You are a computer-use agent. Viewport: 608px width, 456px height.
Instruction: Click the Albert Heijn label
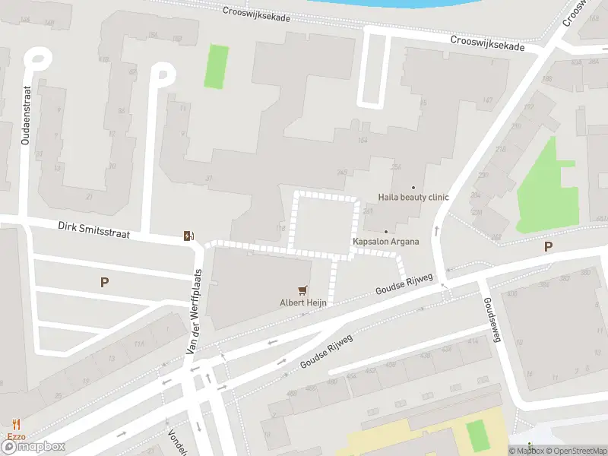[303, 302]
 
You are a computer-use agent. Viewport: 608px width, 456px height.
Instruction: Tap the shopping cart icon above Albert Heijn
[303, 290]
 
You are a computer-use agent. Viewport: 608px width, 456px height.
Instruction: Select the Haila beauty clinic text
[413, 198]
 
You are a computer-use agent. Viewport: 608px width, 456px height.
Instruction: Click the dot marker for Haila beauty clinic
[413, 187]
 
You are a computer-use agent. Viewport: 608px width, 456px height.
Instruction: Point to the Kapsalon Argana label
[385, 242]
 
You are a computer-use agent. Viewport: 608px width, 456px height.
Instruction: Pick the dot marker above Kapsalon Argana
[385, 232]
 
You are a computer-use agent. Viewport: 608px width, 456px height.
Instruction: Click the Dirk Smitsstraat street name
[93, 230]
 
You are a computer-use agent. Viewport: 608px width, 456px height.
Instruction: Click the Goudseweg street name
[491, 319]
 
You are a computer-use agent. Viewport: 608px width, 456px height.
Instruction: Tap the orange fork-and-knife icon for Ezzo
[16, 424]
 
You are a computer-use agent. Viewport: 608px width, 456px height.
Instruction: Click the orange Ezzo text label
[16, 435]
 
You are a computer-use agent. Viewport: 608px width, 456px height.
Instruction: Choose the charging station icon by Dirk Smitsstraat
[188, 236]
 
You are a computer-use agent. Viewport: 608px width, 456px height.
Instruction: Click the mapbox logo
[33, 446]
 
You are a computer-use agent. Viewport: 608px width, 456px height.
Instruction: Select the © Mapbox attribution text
[527, 451]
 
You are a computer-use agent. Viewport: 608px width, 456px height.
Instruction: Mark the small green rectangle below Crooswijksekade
[217, 67]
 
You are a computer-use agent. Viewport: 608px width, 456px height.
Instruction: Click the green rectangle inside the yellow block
[476, 435]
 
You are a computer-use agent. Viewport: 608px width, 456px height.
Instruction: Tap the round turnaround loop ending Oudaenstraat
[37, 59]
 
